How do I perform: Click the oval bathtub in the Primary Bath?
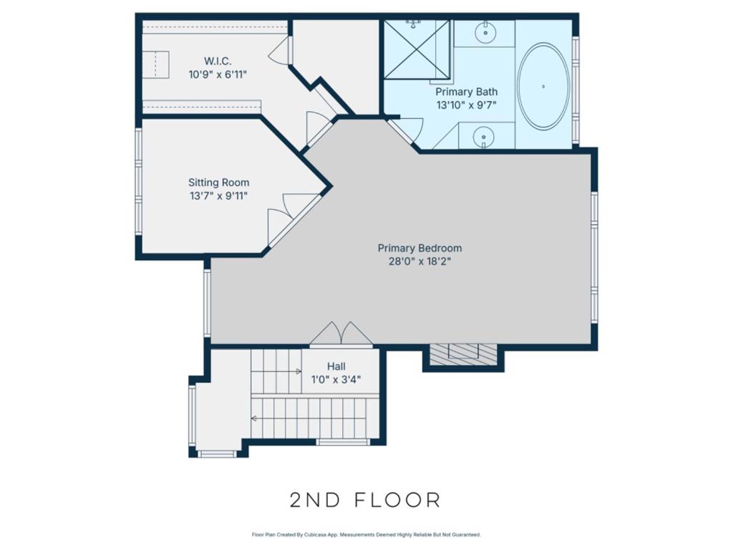pos(543,87)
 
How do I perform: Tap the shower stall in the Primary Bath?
pos(417,49)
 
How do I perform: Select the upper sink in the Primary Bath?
pos(485,32)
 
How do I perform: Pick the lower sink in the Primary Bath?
pos(485,135)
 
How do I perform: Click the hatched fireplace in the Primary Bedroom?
pos(462,353)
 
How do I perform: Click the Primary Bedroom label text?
pos(419,249)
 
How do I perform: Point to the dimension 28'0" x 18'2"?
pos(419,261)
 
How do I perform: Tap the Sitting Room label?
pos(218,183)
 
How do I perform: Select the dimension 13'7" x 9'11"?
pos(218,196)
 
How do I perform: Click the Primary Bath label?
pos(466,92)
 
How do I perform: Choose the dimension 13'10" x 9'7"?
pos(466,105)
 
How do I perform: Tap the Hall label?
pos(336,366)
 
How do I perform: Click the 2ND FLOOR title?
pos(365,500)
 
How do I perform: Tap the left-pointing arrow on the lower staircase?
pos(254,418)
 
